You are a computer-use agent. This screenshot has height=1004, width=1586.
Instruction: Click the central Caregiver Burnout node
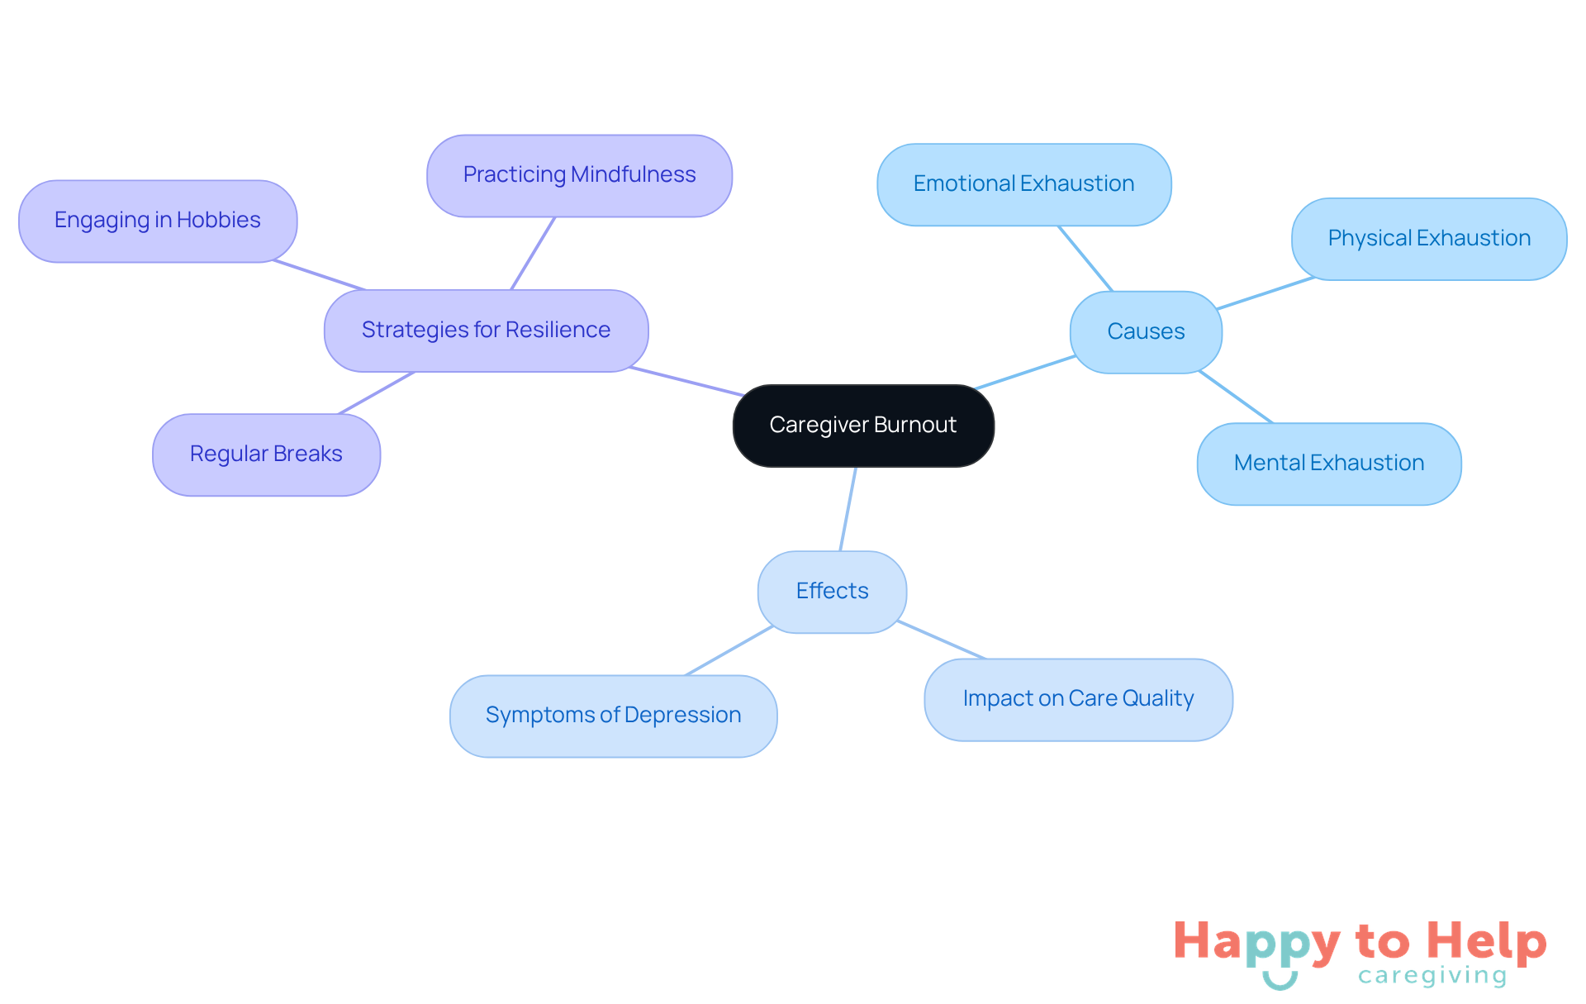[x=863, y=426]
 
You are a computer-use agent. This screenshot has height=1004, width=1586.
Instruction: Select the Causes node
[x=1146, y=332]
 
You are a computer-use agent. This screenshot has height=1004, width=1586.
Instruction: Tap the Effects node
[x=832, y=592]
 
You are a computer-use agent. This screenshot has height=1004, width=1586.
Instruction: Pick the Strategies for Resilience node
[x=486, y=331]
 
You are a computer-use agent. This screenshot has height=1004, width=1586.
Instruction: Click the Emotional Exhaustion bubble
[x=1023, y=184]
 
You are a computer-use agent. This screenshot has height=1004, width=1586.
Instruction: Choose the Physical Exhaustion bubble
[x=1429, y=239]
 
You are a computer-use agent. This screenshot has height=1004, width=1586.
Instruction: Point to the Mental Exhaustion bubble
[x=1329, y=464]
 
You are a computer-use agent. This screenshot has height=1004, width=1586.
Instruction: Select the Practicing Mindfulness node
[x=579, y=175]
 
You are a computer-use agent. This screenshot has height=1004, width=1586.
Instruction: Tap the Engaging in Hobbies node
[x=158, y=221]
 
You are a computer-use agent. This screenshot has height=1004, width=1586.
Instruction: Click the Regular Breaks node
[x=266, y=454]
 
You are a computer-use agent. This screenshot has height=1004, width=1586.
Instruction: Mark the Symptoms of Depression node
[x=613, y=716]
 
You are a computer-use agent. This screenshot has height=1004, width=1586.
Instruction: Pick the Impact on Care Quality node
[x=1078, y=699]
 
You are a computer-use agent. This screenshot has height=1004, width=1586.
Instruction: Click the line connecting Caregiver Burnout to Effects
[x=848, y=508]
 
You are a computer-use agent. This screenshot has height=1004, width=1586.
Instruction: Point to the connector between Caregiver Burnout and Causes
[x=1025, y=372]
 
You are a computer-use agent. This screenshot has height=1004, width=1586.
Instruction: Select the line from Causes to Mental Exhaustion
[x=1236, y=397]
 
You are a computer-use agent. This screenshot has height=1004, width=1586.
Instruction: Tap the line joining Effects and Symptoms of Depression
[x=729, y=650]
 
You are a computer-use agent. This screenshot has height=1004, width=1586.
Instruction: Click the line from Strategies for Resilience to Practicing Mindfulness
[x=533, y=253]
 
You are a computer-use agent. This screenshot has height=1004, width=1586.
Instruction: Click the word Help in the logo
[x=1486, y=942]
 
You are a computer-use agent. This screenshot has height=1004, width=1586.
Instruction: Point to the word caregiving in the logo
[x=1432, y=977]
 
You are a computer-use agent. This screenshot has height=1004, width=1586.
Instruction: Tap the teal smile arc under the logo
[x=1280, y=983]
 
